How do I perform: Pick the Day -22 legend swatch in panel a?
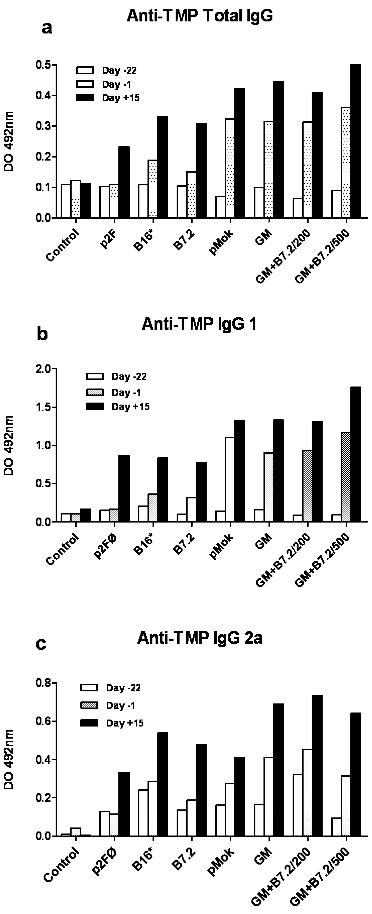coord(85,70)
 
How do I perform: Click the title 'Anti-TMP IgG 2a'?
coord(200,638)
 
